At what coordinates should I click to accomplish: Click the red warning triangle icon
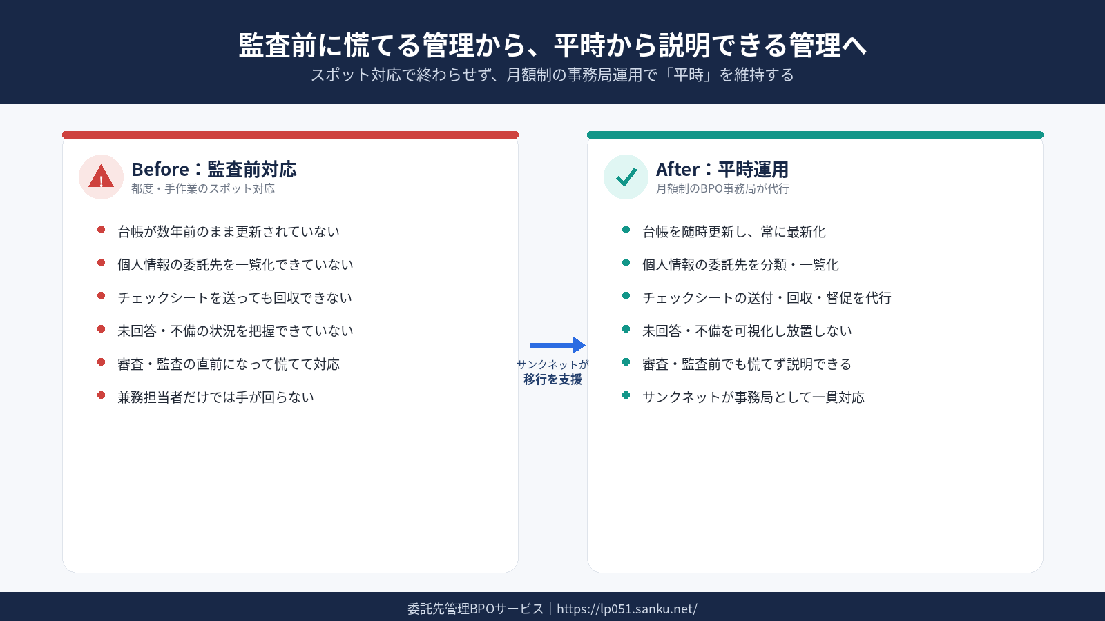[101, 177]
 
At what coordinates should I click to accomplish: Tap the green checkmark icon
[626, 177]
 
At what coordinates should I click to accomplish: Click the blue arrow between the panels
[558, 345]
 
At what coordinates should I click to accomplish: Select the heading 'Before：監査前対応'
[214, 169]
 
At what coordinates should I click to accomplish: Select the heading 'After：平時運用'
[722, 169]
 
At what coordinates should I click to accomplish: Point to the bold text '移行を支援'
[553, 379]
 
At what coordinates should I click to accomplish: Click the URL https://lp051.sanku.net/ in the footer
[627, 609]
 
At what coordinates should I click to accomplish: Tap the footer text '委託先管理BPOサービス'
[476, 609]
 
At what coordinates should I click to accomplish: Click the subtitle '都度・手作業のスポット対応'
[203, 189]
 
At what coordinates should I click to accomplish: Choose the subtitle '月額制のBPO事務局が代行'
[722, 189]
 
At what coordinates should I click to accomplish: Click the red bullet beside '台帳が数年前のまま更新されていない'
[101, 230]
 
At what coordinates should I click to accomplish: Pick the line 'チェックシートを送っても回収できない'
[235, 297]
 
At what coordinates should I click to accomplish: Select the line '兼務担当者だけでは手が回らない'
[215, 397]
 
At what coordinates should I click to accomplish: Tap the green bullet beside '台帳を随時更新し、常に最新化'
[626, 230]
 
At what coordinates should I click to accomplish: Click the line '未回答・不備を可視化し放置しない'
[747, 331]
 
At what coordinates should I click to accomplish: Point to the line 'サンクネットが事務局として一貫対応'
[753, 397]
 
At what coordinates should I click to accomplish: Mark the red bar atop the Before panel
[290, 135]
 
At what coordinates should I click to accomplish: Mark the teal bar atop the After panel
[815, 135]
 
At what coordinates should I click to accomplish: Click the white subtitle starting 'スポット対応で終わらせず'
[552, 75]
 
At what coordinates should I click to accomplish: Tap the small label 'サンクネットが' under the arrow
[553, 365]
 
